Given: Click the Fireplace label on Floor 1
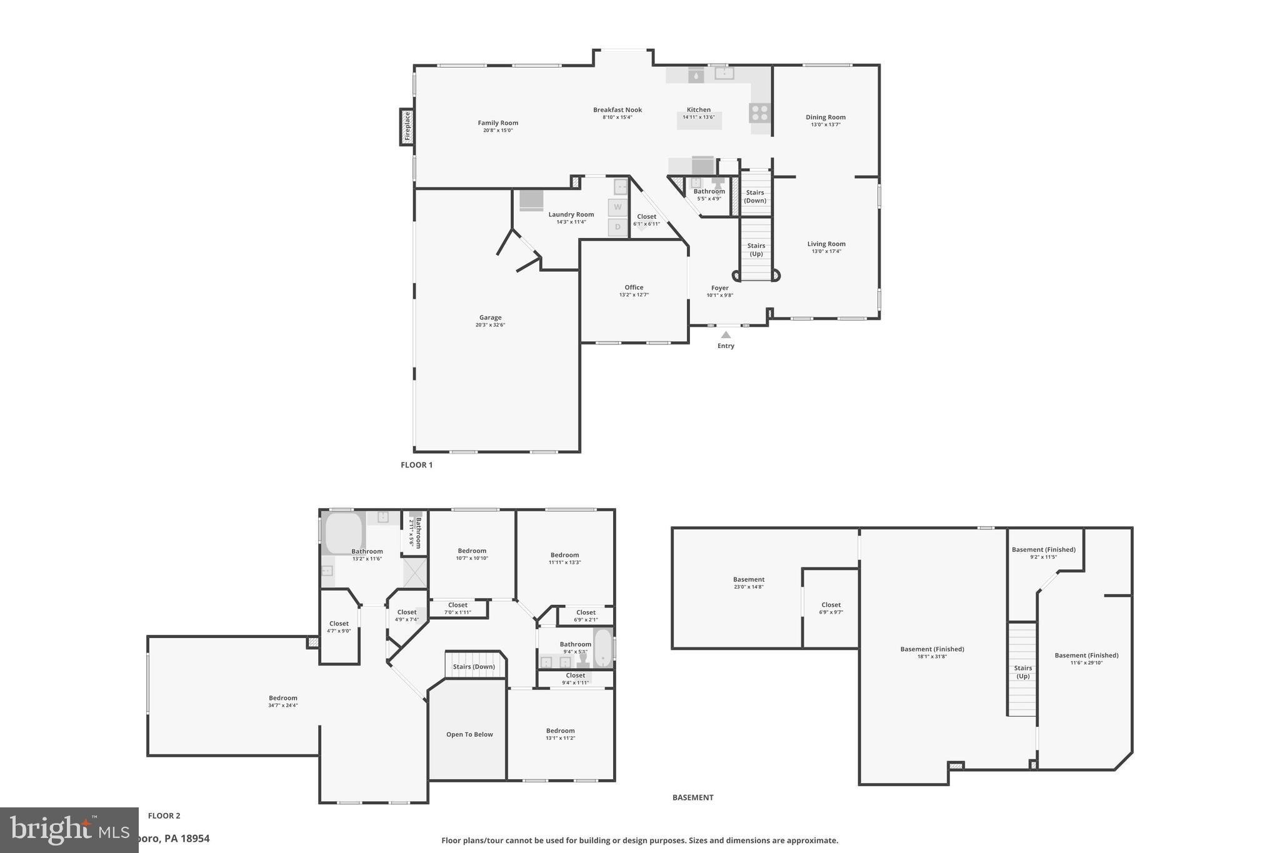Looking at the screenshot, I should [x=407, y=127].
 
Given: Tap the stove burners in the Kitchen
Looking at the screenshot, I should [x=759, y=113].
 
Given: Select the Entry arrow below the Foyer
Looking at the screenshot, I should [x=726, y=336].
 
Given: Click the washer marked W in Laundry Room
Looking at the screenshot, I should [x=617, y=207].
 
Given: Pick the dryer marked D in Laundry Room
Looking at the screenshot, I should [x=617, y=227].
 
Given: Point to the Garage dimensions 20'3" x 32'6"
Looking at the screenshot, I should [x=490, y=325].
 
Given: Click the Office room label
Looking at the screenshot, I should [x=634, y=287].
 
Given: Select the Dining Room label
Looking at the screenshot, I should [x=825, y=117].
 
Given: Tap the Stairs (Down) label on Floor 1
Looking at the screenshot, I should [x=755, y=196].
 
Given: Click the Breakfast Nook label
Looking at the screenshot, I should [x=617, y=110].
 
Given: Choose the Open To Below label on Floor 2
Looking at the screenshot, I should [x=469, y=734].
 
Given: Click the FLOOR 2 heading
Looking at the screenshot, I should [x=164, y=816].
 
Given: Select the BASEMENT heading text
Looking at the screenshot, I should [x=692, y=797].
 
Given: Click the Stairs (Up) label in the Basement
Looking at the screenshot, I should [x=1022, y=672].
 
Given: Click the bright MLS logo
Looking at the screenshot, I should [x=69, y=830].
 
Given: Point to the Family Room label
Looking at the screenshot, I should [x=497, y=123].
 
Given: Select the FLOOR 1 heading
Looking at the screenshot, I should [x=416, y=465].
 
